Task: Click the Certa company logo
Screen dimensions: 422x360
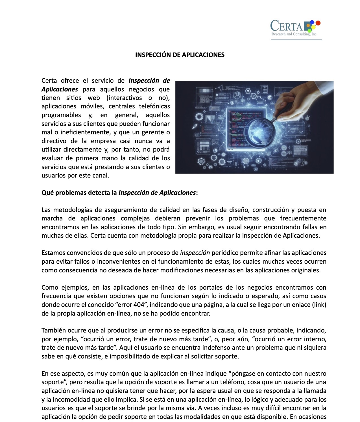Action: pos(295,28)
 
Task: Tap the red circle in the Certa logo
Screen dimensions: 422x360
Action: pos(318,22)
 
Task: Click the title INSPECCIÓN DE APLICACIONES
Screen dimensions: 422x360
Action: pos(180,55)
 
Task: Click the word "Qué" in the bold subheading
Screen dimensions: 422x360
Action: pos(47,193)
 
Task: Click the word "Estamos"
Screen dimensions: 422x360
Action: pos(53,253)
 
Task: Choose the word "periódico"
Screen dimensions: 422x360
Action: pos(225,253)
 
